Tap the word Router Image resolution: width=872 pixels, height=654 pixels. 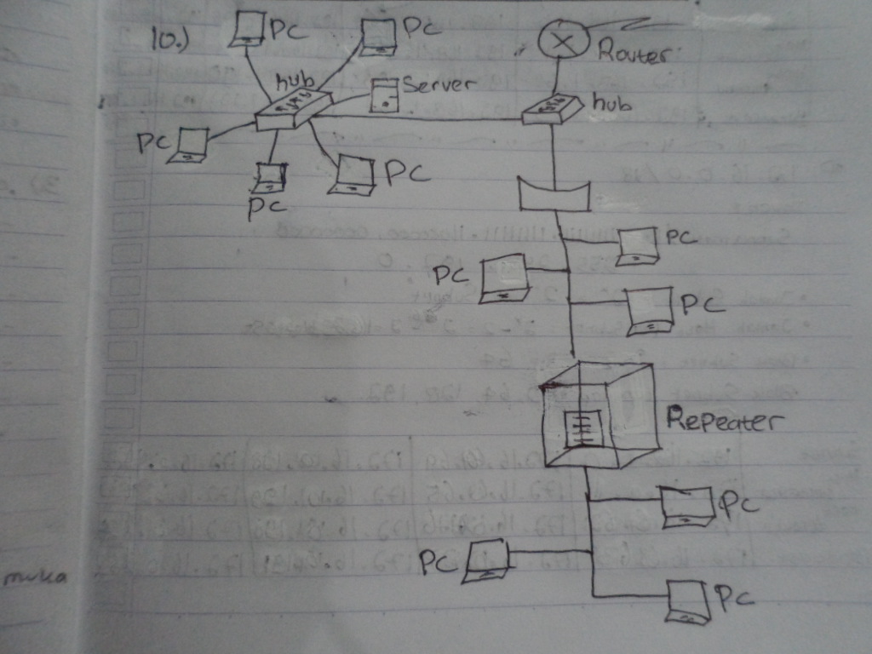634,53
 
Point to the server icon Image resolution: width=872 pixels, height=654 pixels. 386,95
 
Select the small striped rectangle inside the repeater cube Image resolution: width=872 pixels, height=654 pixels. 583,428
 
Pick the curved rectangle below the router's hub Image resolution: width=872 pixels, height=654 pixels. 554,194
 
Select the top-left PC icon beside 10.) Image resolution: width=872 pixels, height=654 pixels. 248,30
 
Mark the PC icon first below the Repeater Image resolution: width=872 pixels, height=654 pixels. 686,506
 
